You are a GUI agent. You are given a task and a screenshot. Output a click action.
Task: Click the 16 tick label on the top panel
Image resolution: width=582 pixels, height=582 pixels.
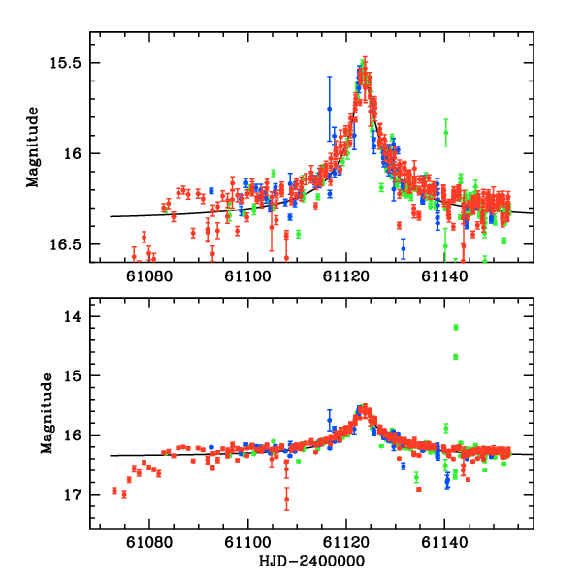(75, 153)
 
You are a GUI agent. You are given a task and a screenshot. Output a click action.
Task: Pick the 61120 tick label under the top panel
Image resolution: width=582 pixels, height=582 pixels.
(346, 276)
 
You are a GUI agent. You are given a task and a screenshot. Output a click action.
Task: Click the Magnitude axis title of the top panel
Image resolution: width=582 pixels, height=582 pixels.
(32, 147)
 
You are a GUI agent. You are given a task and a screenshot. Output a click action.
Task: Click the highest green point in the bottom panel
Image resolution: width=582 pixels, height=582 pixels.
(455, 327)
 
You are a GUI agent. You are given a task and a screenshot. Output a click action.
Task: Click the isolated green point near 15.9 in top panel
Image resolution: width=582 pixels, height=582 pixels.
(446, 133)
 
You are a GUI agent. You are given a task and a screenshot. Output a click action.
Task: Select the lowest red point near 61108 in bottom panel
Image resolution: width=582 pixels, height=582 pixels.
(287, 500)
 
